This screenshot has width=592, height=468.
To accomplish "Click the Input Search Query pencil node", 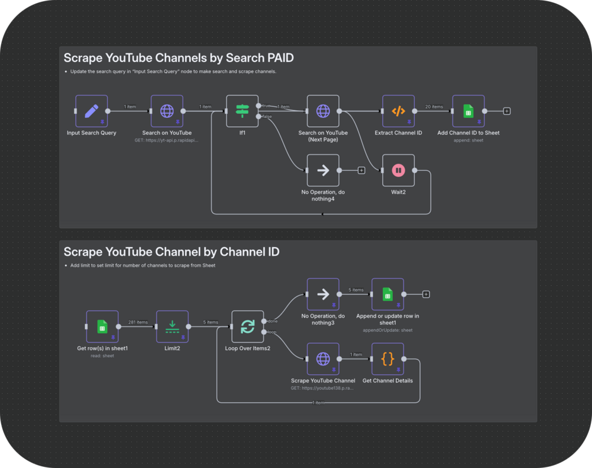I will click(x=91, y=111).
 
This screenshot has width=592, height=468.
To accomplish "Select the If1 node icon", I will click(x=242, y=111).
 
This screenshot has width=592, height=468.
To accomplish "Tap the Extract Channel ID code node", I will click(x=398, y=111).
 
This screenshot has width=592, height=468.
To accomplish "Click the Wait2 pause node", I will click(x=398, y=170).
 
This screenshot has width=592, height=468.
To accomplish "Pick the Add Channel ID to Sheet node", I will click(x=468, y=111).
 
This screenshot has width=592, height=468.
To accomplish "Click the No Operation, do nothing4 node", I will click(x=323, y=170).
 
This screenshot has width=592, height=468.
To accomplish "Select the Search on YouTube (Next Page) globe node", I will click(x=323, y=111).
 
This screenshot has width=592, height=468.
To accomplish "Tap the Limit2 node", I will click(x=172, y=327).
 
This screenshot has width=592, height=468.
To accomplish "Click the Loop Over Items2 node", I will click(x=247, y=327).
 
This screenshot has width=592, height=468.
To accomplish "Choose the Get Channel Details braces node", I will click(x=388, y=358).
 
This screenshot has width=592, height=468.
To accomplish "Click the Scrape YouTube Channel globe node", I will click(x=323, y=358).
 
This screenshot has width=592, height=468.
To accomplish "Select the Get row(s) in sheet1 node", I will click(x=102, y=327).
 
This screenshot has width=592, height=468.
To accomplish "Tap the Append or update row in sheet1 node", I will click(x=388, y=294).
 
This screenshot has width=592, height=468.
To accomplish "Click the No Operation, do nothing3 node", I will click(x=323, y=294).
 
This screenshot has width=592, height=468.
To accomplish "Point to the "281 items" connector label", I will click(x=137, y=322).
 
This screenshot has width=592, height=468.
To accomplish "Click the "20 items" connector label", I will click(x=434, y=107).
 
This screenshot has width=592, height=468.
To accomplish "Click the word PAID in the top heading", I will click(x=277, y=58).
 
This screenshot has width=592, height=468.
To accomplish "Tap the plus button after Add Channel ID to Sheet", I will click(x=507, y=111).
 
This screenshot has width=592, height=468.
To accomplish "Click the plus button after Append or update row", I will click(x=426, y=294).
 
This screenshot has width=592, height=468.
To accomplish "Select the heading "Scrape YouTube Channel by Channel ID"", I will click(x=171, y=252).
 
